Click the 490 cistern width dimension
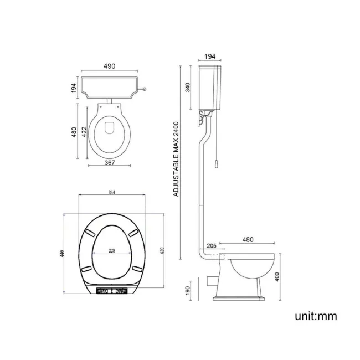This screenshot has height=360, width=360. (x=109, y=66)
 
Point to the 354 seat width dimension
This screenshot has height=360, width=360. (x=112, y=192)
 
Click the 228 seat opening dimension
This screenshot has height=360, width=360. (x=112, y=250)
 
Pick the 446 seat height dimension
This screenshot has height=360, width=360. (x=62, y=254)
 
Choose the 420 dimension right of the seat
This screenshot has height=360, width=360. (x=162, y=250)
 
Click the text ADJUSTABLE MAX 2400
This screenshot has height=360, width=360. (x=176, y=160)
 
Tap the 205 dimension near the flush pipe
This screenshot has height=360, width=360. (x=211, y=246)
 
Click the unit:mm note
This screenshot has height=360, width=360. (x=315, y=316)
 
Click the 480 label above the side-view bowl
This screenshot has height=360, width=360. (x=247, y=239)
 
